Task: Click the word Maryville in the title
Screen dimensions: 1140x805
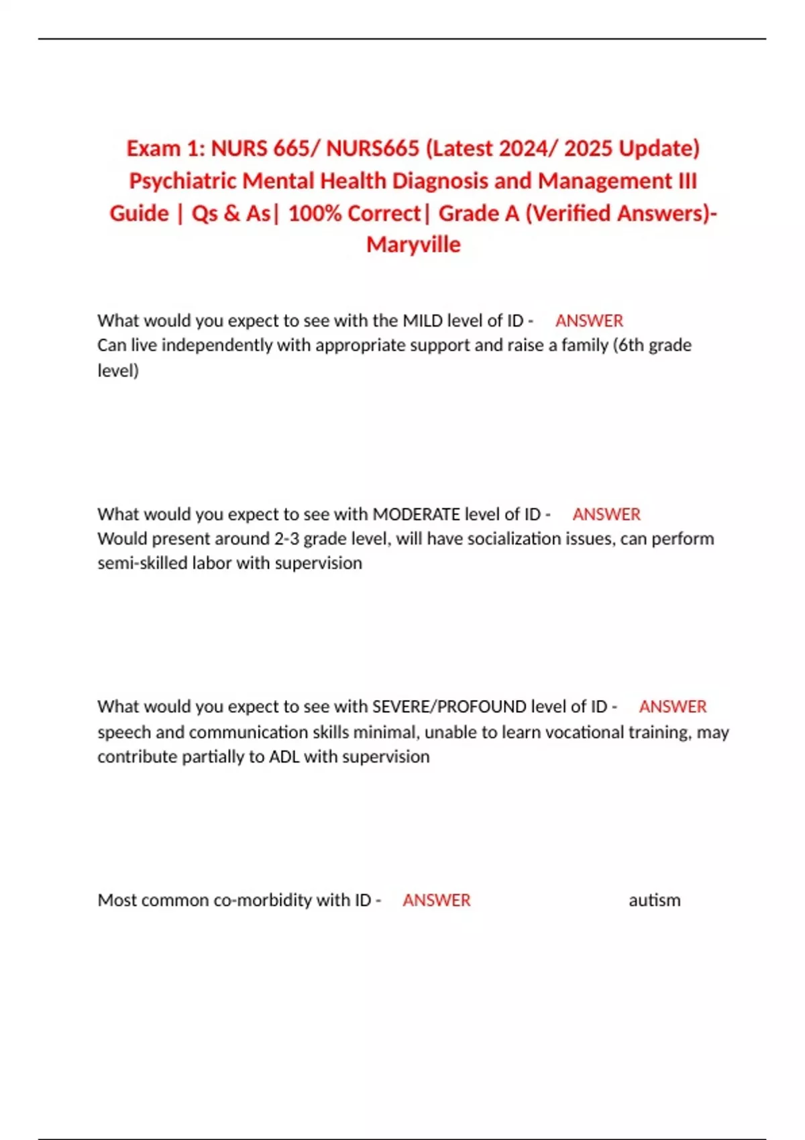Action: coord(413,245)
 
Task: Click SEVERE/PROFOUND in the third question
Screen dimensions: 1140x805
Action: coord(449,707)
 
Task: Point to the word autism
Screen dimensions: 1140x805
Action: coord(654,900)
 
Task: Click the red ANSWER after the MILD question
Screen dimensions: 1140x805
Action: coord(589,321)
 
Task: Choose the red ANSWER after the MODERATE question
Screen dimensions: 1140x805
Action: coord(606,514)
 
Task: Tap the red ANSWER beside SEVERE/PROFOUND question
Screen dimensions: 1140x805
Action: coord(673,707)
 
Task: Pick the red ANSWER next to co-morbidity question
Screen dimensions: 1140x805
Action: coord(437,900)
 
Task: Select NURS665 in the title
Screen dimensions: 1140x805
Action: coord(372,148)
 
